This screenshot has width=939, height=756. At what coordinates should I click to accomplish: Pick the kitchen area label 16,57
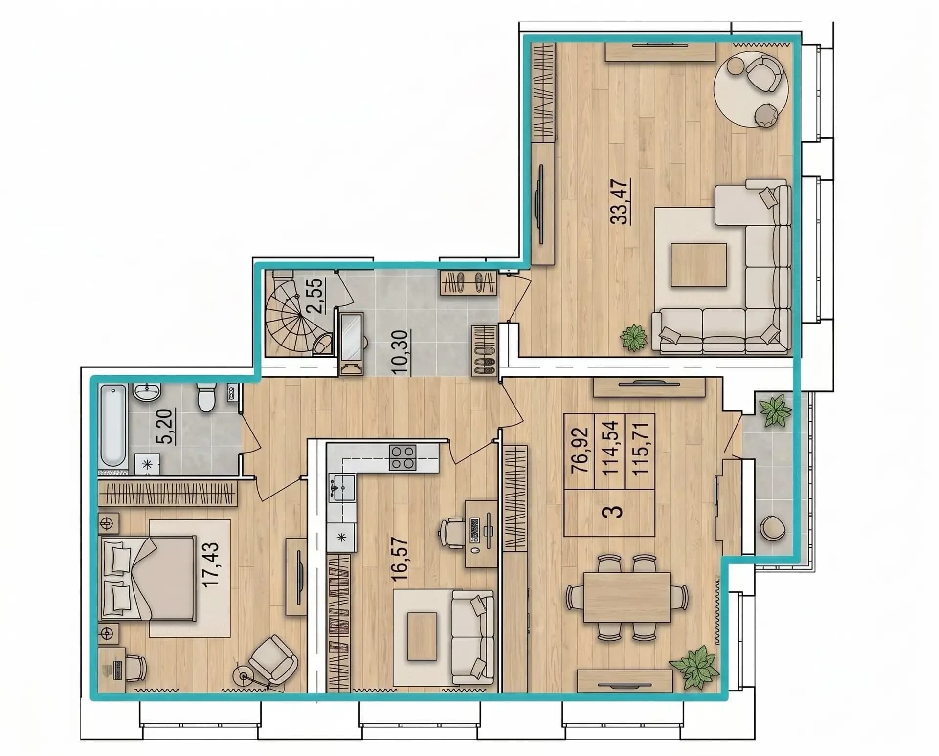pyautogui.click(x=400, y=559)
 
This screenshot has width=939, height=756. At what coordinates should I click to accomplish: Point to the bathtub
pyautogui.click(x=113, y=425)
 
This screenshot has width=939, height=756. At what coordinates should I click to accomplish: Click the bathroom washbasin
pyautogui.click(x=147, y=391)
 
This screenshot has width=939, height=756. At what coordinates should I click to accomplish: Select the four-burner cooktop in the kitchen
pyautogui.click(x=402, y=457)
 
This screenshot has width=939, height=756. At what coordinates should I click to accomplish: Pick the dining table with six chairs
pyautogui.click(x=627, y=597)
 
